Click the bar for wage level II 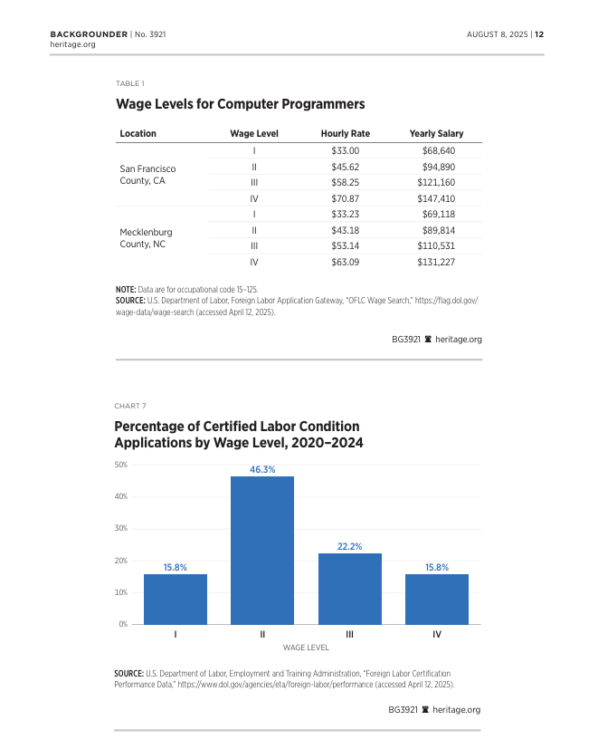pyautogui.click(x=262, y=550)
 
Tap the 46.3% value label pyautogui.click(x=262, y=469)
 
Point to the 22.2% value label pyautogui.click(x=349, y=546)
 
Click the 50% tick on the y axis pyautogui.click(x=120, y=466)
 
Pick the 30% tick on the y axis pyautogui.click(x=120, y=529)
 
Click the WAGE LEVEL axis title pyautogui.click(x=306, y=648)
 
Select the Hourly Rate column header pyautogui.click(x=345, y=134)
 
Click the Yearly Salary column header pyautogui.click(x=436, y=134)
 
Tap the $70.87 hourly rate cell pyautogui.click(x=346, y=198)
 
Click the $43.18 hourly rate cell pyautogui.click(x=346, y=230)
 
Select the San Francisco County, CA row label pyautogui.click(x=147, y=175)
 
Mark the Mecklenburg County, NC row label pyautogui.click(x=146, y=238)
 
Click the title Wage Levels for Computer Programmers pyautogui.click(x=240, y=104)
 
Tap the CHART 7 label pyautogui.click(x=130, y=405)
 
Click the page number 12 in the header pyautogui.click(x=539, y=34)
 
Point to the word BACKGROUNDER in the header pyautogui.click(x=88, y=34)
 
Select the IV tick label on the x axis pyautogui.click(x=437, y=635)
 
